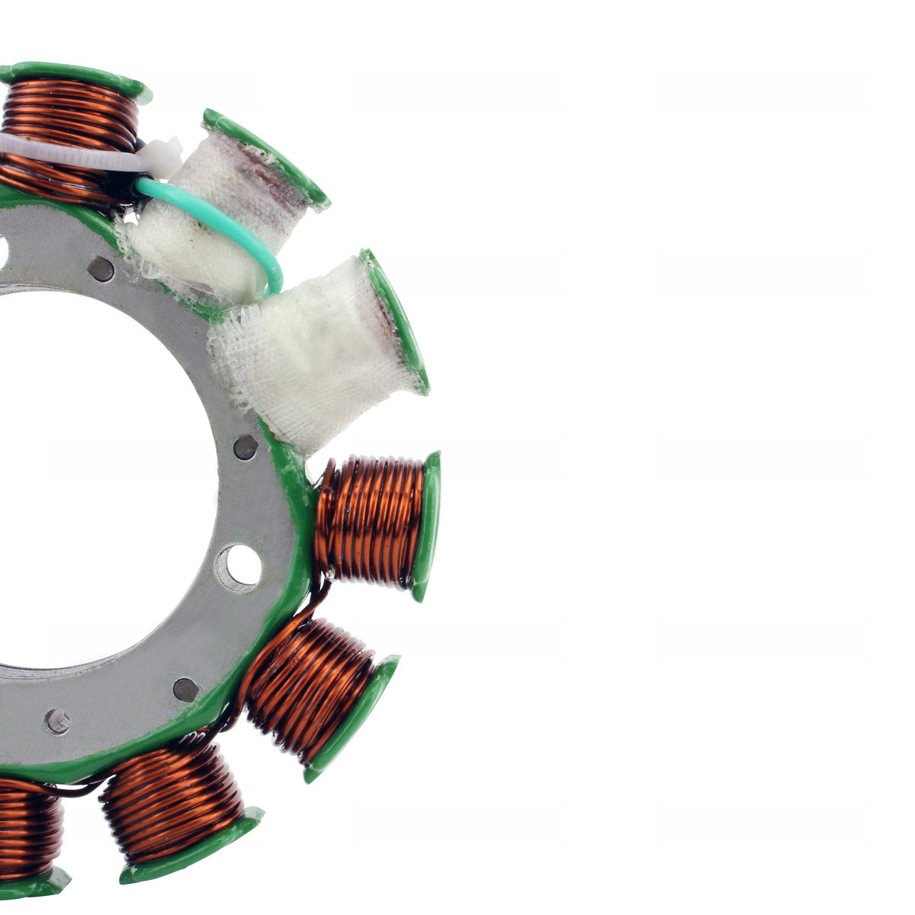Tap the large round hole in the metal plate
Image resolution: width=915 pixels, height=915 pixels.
tap(239, 567)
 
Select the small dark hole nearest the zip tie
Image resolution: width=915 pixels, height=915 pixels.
tap(100, 268)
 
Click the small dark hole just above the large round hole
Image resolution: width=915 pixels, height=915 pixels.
tap(245, 447)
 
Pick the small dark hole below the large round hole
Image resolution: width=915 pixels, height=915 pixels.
tap(185, 689)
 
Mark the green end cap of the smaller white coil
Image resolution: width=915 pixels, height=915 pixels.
tap(267, 156)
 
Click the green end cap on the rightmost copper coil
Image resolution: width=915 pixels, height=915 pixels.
tap(429, 526)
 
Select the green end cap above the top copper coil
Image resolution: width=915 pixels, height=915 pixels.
tap(76, 75)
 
